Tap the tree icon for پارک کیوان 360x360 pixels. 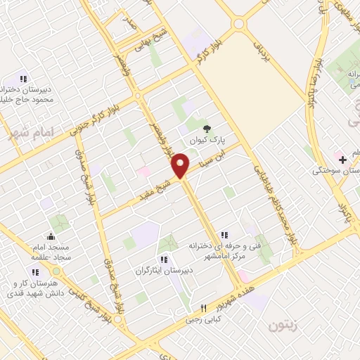(206, 128)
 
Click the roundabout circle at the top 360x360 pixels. (239, 22)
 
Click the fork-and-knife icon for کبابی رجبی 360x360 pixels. (204, 307)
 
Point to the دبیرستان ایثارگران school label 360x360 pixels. (163, 269)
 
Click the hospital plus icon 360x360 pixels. (342, 160)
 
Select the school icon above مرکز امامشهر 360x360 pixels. (224, 235)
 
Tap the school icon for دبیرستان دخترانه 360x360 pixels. (22, 79)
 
